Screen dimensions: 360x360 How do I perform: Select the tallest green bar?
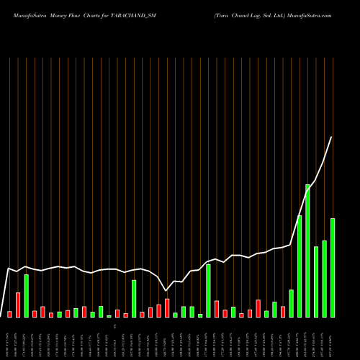[307, 251]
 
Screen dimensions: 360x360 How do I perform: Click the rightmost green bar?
[333, 267]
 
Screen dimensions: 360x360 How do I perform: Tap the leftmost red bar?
[9, 314]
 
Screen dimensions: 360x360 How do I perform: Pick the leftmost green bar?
[26, 295]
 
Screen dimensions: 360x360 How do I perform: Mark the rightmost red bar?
[283, 311]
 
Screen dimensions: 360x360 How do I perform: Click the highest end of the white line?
[332, 137]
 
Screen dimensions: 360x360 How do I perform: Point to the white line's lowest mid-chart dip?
[167, 290]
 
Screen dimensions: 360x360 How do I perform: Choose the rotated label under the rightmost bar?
[333, 338]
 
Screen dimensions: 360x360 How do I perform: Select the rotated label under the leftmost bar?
[9, 338]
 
